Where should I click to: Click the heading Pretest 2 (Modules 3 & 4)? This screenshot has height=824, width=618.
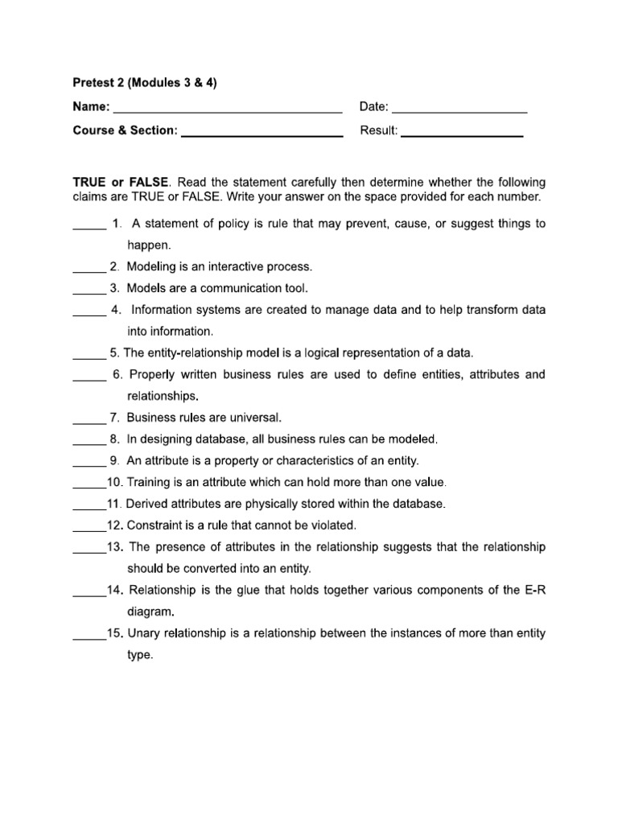point(145,83)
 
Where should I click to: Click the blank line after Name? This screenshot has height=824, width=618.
point(227,111)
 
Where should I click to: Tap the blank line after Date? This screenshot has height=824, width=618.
point(459,111)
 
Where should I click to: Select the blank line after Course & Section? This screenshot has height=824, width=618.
point(262,135)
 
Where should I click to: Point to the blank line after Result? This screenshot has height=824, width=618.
point(462,135)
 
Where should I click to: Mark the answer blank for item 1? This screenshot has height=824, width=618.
point(89,229)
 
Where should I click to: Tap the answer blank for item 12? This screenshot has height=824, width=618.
point(89,530)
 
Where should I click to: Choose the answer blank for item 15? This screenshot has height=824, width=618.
point(89,638)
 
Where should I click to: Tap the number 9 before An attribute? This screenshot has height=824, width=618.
point(114,461)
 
